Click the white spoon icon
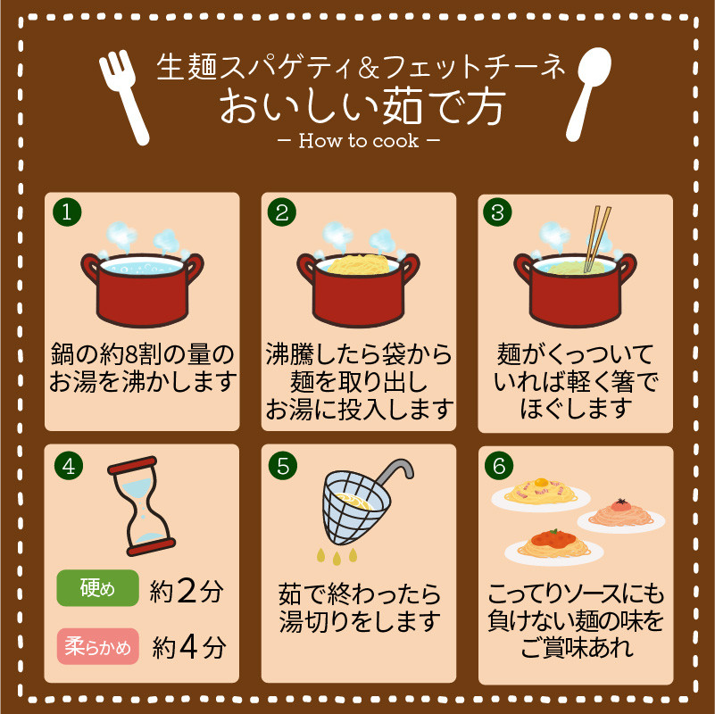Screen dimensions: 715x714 click(x=588, y=91)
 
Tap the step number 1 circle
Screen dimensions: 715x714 click(x=67, y=212)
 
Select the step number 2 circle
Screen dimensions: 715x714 click(x=282, y=212)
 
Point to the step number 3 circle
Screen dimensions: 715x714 click(x=497, y=212)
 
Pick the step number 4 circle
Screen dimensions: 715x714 click(x=69, y=466)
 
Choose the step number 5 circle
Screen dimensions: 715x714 click(x=283, y=466)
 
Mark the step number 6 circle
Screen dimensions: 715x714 click(x=499, y=466)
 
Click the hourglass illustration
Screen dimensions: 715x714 click(x=141, y=506)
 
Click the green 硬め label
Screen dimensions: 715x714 click(x=97, y=587)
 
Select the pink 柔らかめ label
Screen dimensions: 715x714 click(x=97, y=646)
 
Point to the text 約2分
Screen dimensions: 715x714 click(x=187, y=592)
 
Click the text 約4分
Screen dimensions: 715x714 click(x=188, y=647)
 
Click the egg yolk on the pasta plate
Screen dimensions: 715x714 click(x=541, y=482)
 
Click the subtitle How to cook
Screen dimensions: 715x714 click(x=359, y=140)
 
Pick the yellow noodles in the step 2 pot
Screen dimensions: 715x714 click(x=359, y=264)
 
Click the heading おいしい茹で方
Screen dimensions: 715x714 click(x=362, y=106)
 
